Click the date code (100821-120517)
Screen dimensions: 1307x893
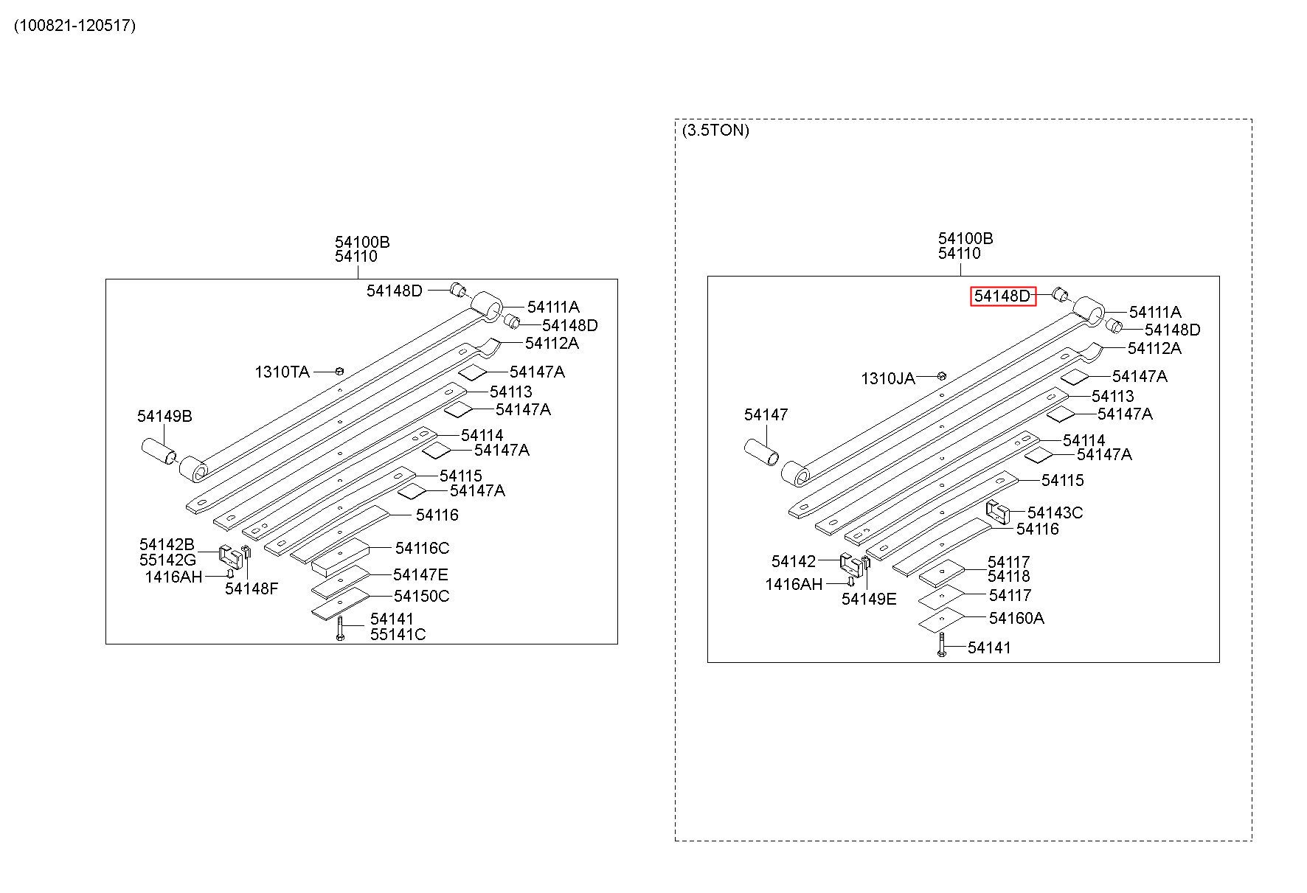tap(74, 26)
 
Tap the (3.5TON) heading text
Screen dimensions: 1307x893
tap(715, 131)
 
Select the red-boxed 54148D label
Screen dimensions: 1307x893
tap(1002, 296)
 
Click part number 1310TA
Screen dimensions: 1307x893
tap(282, 372)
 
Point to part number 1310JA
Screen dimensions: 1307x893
tap(888, 379)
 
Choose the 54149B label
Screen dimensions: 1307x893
tap(164, 416)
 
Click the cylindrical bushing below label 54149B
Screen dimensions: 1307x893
tap(159, 451)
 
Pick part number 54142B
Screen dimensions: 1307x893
tap(167, 545)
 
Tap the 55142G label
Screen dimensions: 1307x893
tap(168, 560)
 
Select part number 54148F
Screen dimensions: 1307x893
tap(252, 588)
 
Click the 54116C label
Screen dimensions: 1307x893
tap(422, 548)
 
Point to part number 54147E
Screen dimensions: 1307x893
tap(420, 574)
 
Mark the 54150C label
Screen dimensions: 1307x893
tap(421, 596)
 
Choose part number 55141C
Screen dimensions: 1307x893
tap(398, 634)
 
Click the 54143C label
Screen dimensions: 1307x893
tap(1055, 512)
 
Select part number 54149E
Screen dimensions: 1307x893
tap(869, 599)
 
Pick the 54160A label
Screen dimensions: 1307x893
tap(1016, 618)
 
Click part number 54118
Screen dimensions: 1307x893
tap(1009, 576)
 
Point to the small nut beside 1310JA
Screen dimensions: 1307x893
tap(941, 376)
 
